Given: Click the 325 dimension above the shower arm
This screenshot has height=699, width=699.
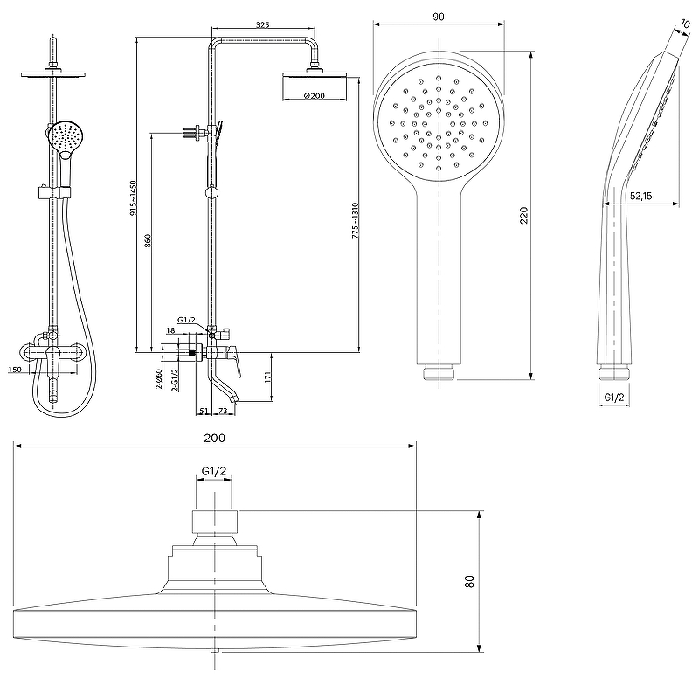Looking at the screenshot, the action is (x=263, y=25).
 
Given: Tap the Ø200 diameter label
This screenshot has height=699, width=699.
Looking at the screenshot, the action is (x=315, y=95).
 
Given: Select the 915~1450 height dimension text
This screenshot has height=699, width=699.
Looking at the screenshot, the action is (x=134, y=198).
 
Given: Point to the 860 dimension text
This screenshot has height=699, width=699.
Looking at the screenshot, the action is (x=148, y=241).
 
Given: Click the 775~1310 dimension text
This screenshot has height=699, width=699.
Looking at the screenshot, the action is (x=356, y=220).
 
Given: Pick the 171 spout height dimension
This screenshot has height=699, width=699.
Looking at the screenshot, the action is (x=268, y=377).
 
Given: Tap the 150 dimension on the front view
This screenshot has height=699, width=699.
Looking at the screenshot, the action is (x=15, y=369).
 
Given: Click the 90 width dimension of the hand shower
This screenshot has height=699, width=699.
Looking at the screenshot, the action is (x=439, y=17).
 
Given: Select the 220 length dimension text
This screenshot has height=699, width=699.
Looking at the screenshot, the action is (x=523, y=215).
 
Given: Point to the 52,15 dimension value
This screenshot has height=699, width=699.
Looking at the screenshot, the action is (x=641, y=196).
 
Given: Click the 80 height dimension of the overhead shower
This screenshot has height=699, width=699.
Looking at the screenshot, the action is (x=469, y=581).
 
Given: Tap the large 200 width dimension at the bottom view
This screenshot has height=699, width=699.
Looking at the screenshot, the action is (x=214, y=439).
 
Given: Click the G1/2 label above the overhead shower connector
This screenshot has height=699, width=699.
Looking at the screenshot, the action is (x=214, y=471).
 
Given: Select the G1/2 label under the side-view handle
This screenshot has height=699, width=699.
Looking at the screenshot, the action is (x=614, y=398).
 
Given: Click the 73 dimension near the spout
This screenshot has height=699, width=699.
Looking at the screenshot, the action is (x=223, y=411).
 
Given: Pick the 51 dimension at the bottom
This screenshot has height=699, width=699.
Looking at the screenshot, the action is (x=204, y=411).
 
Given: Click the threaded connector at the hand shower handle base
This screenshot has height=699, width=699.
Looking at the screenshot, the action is (x=439, y=372).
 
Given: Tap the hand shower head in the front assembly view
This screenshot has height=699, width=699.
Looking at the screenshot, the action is (x=65, y=137).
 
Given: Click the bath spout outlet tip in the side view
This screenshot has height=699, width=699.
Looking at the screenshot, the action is (x=235, y=399).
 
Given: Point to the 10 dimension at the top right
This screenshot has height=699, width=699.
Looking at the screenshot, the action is (x=685, y=24).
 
